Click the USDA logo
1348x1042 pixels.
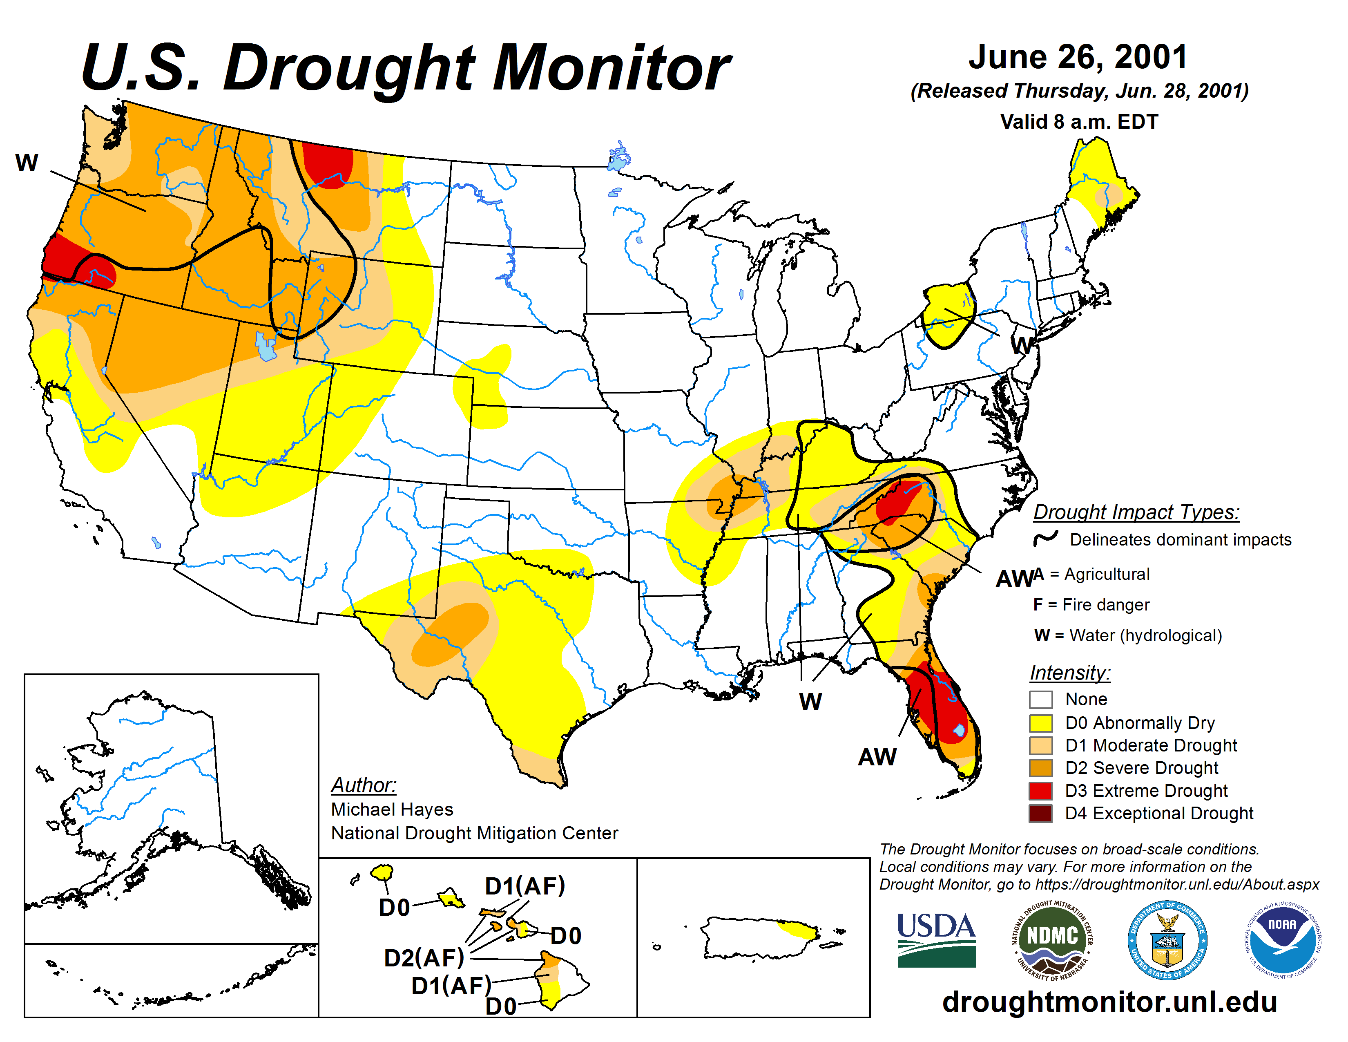(x=936, y=939)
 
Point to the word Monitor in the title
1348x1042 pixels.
(x=611, y=68)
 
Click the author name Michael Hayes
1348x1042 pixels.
(x=392, y=809)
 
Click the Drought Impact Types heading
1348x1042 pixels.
(x=1136, y=512)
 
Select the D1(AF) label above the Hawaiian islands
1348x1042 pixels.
(x=524, y=886)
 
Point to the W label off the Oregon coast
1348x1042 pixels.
(x=27, y=163)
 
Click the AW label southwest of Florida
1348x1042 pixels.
(x=877, y=757)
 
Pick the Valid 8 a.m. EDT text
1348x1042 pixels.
(x=1079, y=122)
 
